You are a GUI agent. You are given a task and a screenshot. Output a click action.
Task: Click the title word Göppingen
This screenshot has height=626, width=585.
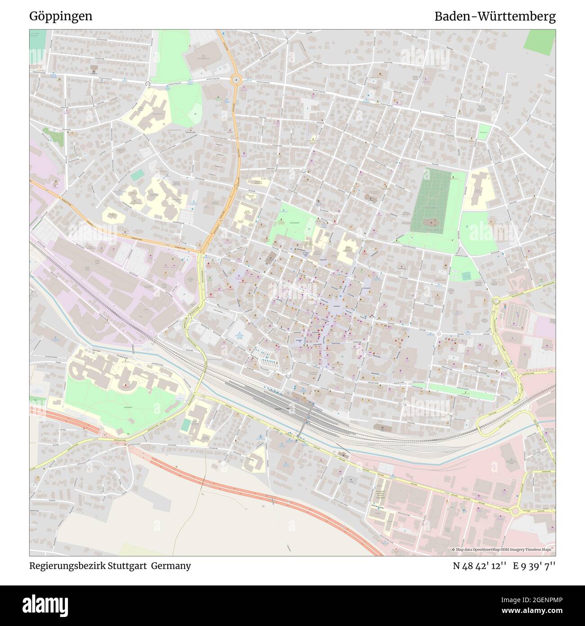click(61, 17)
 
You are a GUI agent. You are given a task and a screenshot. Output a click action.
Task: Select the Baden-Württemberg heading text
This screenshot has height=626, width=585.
click(495, 17)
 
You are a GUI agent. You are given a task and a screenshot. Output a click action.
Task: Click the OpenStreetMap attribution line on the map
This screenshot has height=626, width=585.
click(503, 550)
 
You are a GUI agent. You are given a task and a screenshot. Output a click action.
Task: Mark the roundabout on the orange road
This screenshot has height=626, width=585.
click(236, 80)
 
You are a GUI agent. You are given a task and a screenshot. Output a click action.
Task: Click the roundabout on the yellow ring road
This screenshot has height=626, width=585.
click(496, 301)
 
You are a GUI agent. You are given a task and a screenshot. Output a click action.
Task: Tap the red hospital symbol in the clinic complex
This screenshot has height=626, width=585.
click(126, 386)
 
